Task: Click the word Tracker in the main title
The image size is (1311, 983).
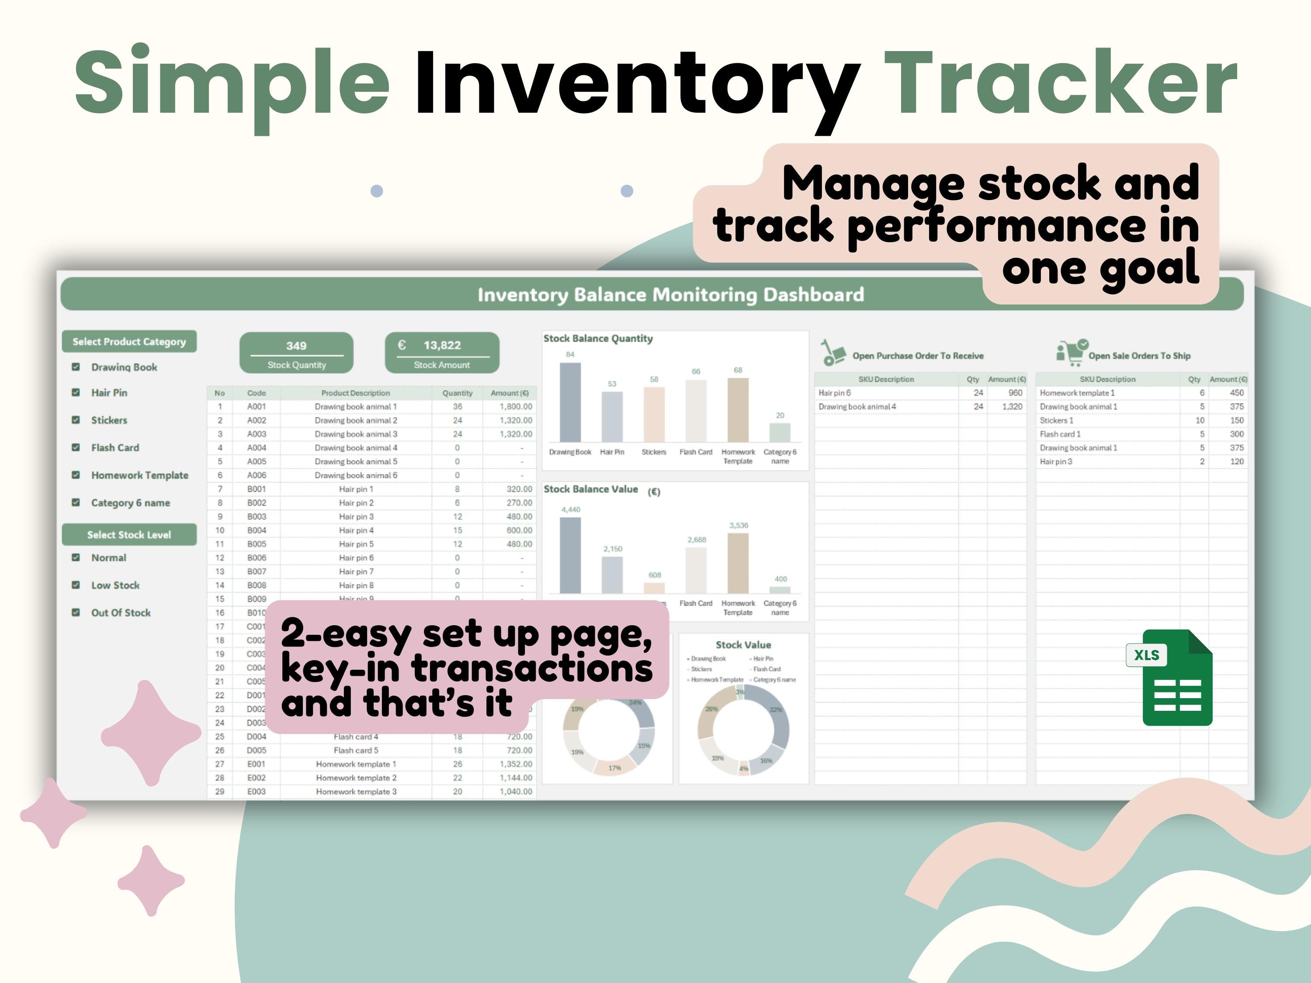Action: tap(1064, 83)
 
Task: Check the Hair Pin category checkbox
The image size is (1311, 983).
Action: tap(76, 392)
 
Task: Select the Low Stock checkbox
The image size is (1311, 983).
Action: tap(76, 585)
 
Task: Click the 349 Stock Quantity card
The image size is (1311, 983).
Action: tap(296, 353)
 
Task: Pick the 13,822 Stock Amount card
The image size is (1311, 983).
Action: tap(442, 353)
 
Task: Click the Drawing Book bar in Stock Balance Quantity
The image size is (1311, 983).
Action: tap(570, 402)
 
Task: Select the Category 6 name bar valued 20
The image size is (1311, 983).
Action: tap(780, 432)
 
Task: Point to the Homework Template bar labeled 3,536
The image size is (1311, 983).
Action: tap(738, 563)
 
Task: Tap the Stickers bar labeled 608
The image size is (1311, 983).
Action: tap(654, 588)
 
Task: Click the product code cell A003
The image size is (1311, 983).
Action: tap(257, 434)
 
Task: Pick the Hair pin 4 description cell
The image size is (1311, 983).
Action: tap(356, 530)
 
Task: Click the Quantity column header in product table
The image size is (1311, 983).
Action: tap(458, 393)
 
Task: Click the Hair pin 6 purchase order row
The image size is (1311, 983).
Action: tap(886, 393)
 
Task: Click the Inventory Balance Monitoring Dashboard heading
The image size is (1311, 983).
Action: tap(670, 294)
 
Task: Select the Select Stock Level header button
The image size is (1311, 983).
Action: tap(129, 534)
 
